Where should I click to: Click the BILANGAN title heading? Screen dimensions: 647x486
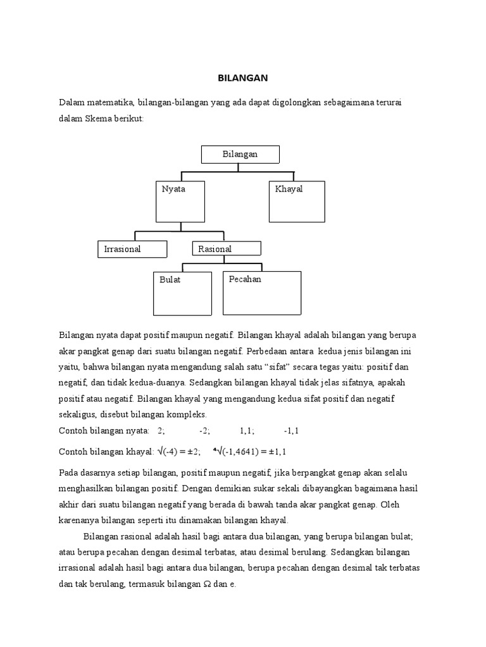coord(243,78)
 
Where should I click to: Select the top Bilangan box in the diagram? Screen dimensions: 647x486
coord(240,154)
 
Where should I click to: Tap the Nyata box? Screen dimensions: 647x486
coord(180,201)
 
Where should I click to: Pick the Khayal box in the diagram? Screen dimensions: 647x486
coord(296,202)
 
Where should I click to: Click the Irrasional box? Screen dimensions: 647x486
coord(132,249)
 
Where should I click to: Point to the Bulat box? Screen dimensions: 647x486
coord(183,293)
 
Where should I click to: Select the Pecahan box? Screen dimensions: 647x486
coord(261,293)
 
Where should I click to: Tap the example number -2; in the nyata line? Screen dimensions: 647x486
coord(204,431)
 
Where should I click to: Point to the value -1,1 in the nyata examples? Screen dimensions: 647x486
coord(291,431)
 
